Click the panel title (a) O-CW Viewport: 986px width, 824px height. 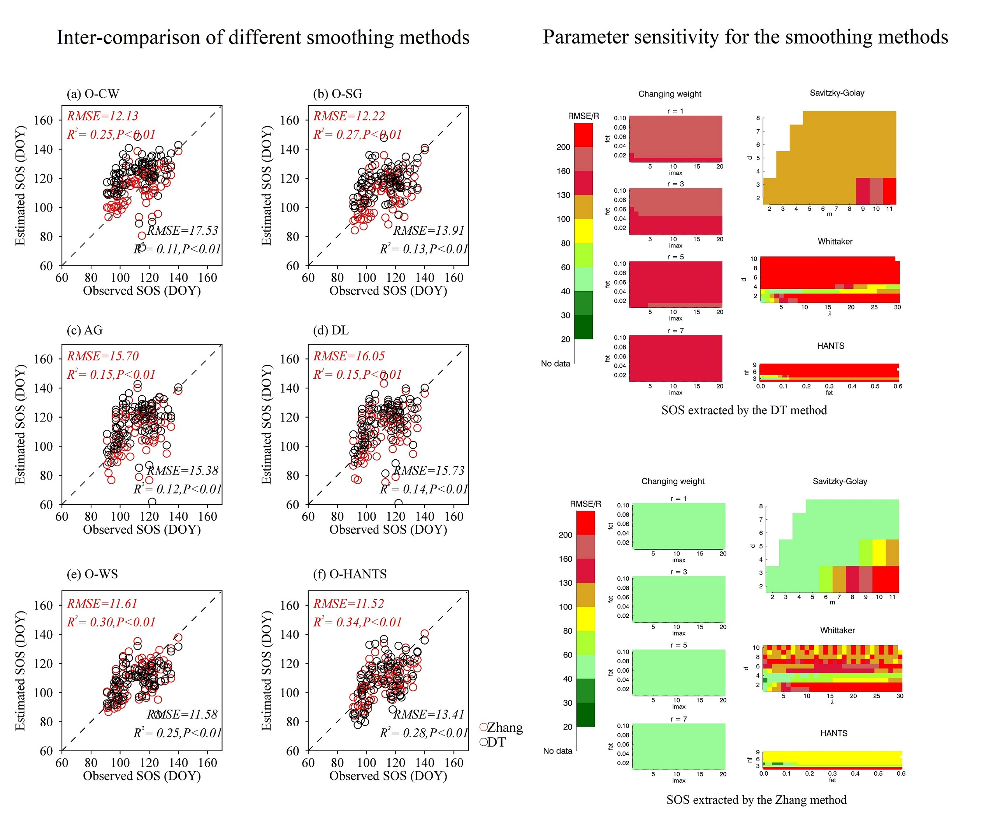(93, 94)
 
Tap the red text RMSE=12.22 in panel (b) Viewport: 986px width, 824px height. (349, 116)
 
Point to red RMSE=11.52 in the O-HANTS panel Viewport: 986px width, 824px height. (348, 604)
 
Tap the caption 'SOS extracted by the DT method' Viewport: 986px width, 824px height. (744, 410)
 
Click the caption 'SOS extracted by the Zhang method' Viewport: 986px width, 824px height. (756, 800)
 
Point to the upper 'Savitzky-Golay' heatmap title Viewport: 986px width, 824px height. (837, 93)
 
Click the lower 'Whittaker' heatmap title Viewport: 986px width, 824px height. (837, 631)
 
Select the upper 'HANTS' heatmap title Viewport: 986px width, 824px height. (830, 346)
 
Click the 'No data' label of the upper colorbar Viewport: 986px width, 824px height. (555, 364)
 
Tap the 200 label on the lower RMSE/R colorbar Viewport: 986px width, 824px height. (565, 535)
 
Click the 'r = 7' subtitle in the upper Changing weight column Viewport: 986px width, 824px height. (675, 331)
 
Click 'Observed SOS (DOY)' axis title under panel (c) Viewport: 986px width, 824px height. (142, 530)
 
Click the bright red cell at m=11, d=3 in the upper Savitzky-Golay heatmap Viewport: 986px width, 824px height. (889, 191)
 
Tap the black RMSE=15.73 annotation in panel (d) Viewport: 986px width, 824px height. (428, 471)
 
